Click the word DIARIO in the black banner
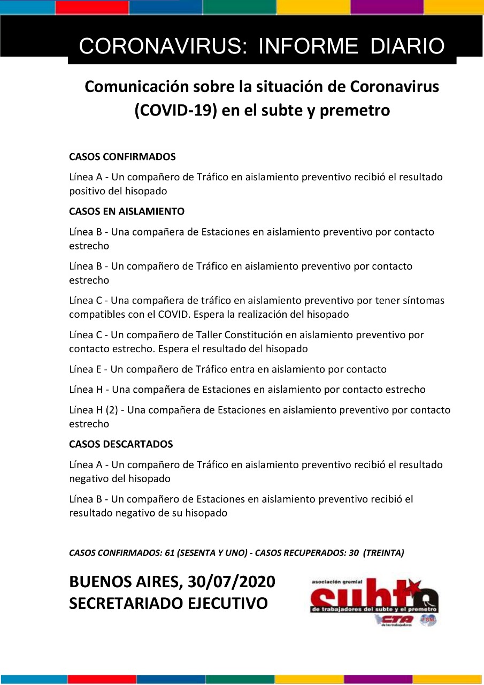point(408,47)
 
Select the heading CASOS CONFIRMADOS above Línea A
point(122,157)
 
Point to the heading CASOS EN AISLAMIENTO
point(127,211)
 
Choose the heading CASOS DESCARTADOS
point(121,444)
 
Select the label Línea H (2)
point(94,410)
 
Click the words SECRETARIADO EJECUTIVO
point(168,604)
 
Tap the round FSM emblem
point(428,620)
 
